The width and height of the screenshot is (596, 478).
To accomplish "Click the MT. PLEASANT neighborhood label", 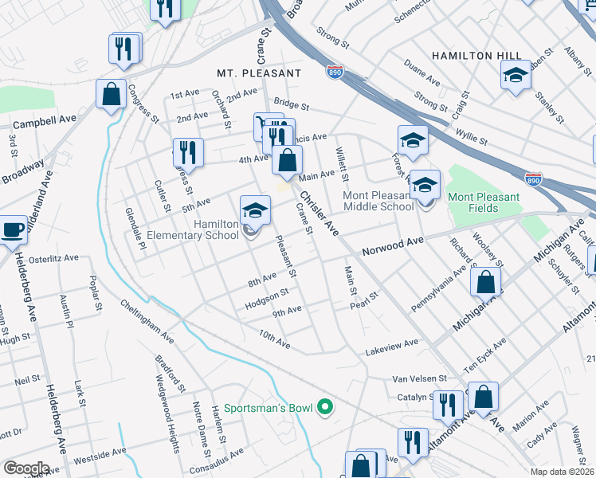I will tap(259, 72).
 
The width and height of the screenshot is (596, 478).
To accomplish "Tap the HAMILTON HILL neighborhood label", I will tap(476, 55).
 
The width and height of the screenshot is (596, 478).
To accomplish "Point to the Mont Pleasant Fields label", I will tap(484, 202).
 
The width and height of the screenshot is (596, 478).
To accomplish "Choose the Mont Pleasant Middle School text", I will tap(378, 201).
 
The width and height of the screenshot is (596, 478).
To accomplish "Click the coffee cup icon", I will tap(13, 229).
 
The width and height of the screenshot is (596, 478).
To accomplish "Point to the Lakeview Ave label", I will tap(391, 343).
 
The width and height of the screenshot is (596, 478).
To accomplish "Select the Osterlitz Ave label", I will tap(54, 258).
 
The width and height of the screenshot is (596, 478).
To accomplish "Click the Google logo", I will tap(25, 468).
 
